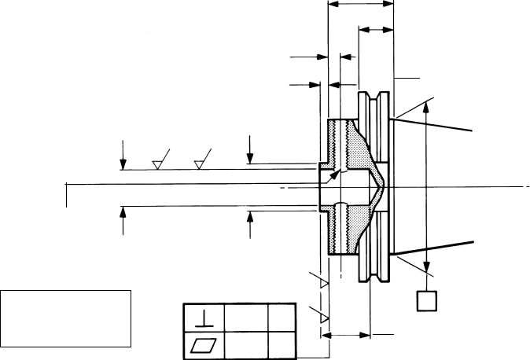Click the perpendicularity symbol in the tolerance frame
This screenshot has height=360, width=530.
(203, 318)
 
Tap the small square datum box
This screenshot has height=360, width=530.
(428, 300)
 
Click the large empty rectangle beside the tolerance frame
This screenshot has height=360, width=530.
(65, 318)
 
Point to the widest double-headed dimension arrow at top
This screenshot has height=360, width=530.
(359, 4)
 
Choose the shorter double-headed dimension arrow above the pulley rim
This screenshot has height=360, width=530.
(376, 30)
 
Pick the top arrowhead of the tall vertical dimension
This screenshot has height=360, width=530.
(427, 107)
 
